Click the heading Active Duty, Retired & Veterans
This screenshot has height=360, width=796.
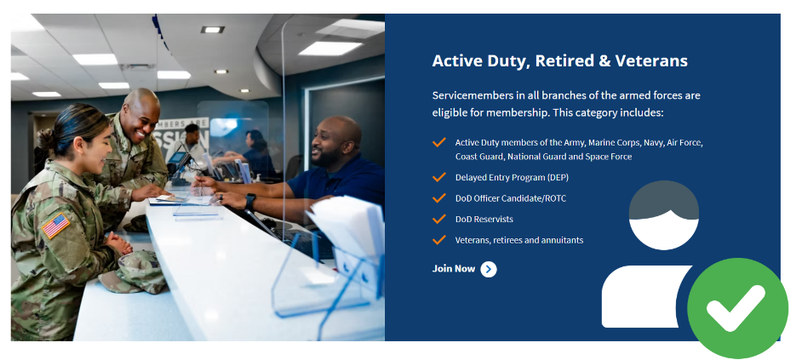coord(559,61)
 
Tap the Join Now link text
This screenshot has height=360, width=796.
coord(454,269)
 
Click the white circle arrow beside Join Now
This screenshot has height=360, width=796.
coord(489,270)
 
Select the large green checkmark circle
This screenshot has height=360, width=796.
coord(737,308)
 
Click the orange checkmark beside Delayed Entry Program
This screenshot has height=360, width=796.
coord(439,177)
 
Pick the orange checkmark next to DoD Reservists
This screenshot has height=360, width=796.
coord(439,219)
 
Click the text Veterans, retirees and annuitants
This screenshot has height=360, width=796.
coord(518,240)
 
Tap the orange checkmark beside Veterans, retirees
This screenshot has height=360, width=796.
coord(439,240)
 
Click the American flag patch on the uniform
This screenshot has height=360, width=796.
coord(55,226)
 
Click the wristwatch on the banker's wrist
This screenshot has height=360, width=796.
coord(249,203)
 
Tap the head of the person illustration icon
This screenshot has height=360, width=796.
coord(664,214)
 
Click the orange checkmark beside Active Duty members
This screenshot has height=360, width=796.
coord(439,142)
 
